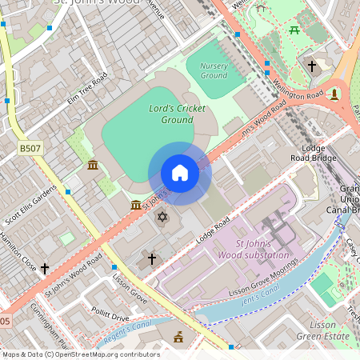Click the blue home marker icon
(180, 173)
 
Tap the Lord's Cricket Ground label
(177, 114)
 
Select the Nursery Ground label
(214, 70)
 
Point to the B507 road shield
(30, 149)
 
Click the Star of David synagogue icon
(162, 218)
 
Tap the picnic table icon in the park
(294, 30)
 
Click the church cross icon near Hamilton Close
(45, 268)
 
